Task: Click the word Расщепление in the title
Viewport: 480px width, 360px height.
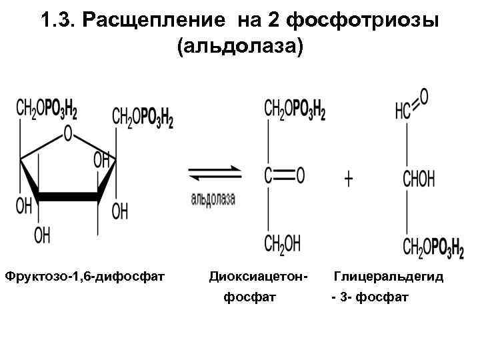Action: (x=159, y=21)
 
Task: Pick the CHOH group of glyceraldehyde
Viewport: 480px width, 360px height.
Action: (x=418, y=179)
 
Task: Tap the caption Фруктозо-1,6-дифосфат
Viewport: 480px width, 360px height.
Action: (x=85, y=275)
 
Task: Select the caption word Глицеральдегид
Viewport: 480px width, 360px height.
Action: (x=389, y=275)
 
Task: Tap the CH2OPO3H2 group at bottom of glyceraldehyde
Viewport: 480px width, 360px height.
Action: (x=433, y=248)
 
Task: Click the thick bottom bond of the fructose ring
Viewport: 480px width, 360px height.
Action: (x=69, y=197)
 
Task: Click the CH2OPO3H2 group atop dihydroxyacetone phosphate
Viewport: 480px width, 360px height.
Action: (x=295, y=109)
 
